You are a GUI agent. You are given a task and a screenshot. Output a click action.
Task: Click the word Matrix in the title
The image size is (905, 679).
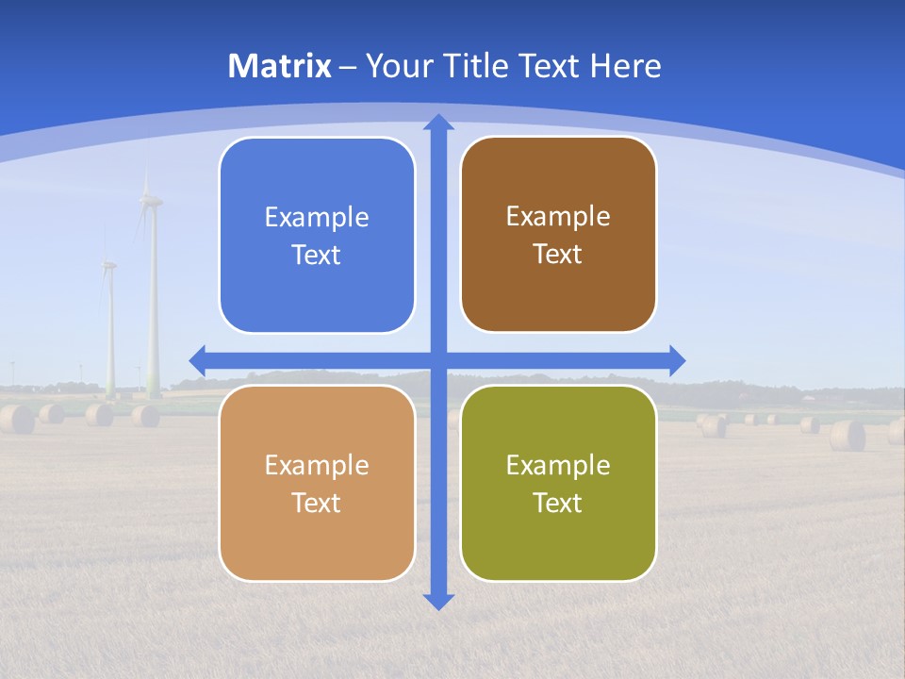[x=280, y=66]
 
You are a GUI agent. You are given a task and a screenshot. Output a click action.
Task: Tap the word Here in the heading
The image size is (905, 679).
[x=625, y=66]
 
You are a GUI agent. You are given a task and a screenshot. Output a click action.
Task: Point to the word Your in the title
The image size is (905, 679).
[x=395, y=66]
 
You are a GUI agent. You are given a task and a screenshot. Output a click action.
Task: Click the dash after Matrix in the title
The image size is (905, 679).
[x=348, y=67]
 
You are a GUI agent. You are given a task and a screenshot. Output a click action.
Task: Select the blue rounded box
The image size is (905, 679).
[x=317, y=236]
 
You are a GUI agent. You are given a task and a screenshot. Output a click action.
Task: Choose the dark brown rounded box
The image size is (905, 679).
[x=558, y=235]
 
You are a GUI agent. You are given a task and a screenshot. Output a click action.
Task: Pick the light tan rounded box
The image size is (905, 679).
[x=317, y=483]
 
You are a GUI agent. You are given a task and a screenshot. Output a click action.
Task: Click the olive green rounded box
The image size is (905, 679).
[x=558, y=483]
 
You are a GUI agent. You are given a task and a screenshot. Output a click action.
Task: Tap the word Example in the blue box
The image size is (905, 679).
[x=317, y=218]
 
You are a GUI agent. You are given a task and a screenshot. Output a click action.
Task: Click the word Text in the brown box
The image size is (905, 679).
[x=558, y=255]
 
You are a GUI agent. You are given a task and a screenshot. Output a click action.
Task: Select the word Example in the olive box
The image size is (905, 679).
[x=558, y=465]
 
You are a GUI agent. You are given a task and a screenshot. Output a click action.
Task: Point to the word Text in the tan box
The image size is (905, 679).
[x=317, y=503]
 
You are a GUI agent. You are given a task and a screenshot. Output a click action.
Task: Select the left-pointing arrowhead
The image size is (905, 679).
[x=198, y=360]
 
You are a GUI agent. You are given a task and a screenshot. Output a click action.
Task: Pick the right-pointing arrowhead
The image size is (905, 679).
[x=677, y=360]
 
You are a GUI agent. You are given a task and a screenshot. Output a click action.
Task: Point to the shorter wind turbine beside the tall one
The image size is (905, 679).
[x=109, y=321]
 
